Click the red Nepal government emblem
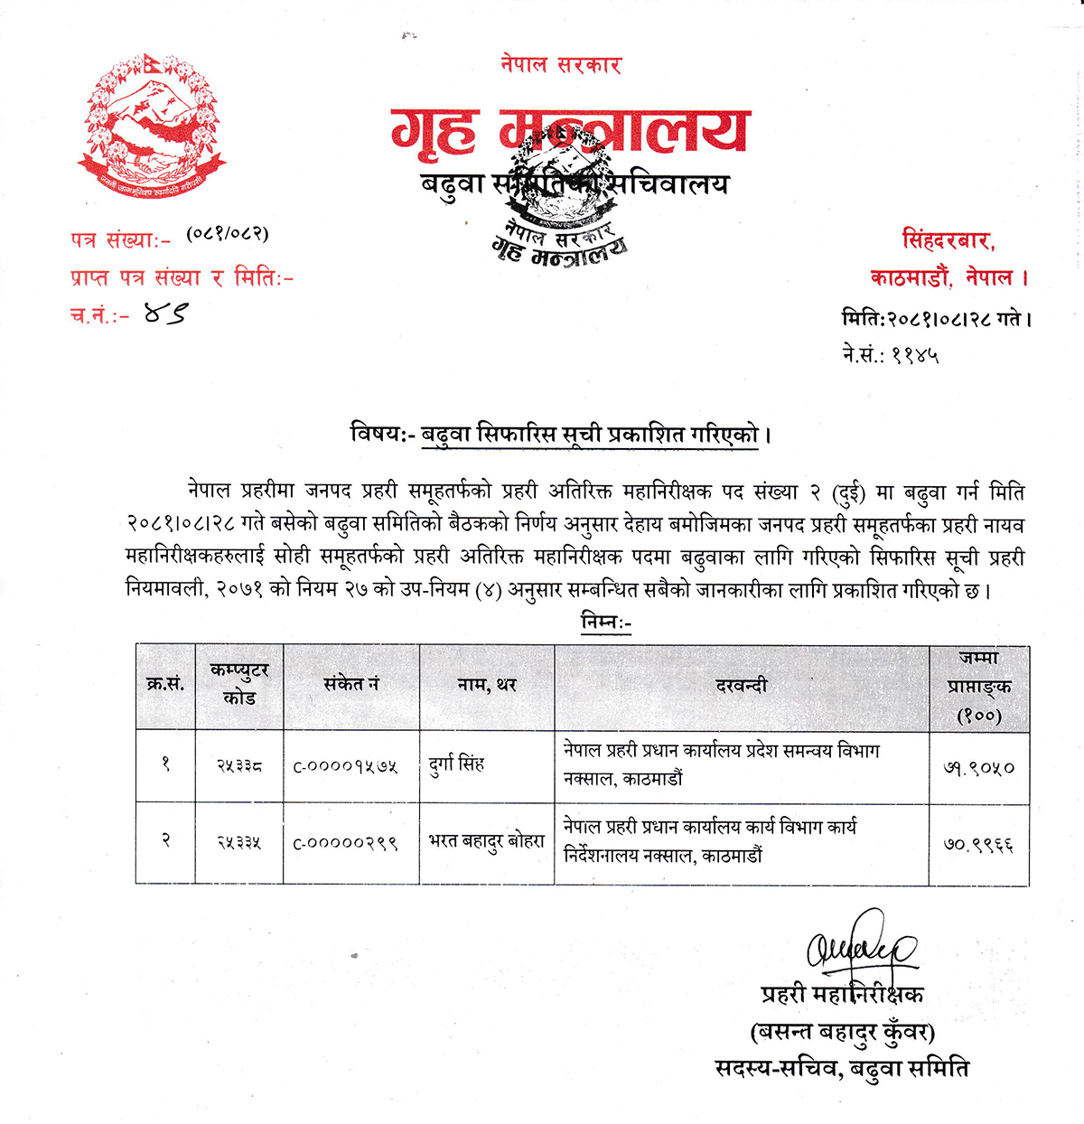[x=151, y=126]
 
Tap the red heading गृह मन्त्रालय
[x=569, y=131]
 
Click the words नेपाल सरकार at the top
[x=561, y=64]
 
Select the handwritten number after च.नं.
[x=166, y=314]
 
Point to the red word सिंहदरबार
[x=948, y=241]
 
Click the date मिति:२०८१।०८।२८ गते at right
[x=936, y=319]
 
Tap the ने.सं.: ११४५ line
[x=890, y=355]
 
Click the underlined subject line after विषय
[x=591, y=435]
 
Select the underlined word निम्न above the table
[x=605, y=623]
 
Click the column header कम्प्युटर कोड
[x=239, y=685]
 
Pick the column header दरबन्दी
[x=742, y=686]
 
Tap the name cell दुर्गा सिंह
[x=457, y=764]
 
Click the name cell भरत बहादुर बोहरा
[x=487, y=841]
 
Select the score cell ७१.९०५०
[x=979, y=768]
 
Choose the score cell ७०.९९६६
[x=979, y=845]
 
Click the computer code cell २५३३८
[x=239, y=766]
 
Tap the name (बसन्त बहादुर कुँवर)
[x=842, y=1031]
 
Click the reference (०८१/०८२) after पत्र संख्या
[x=228, y=234]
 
